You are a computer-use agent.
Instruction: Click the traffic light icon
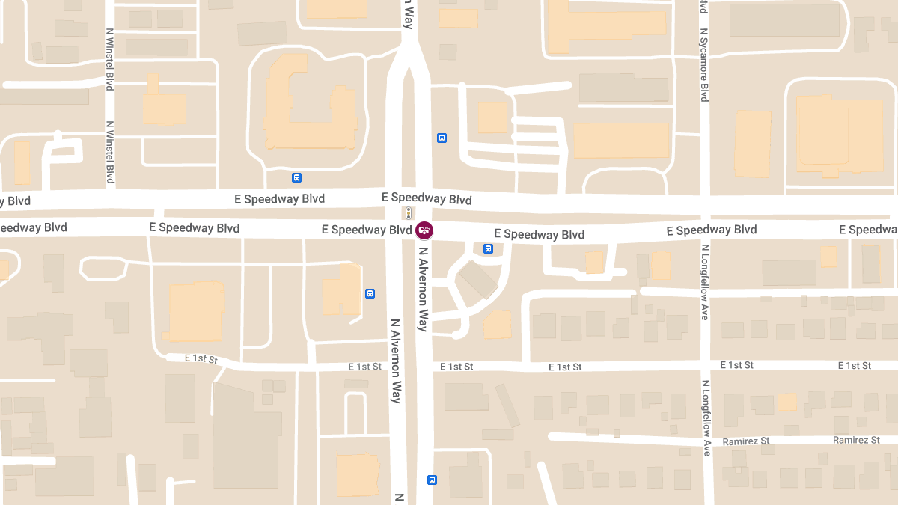tap(409, 212)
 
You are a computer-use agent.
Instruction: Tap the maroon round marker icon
tap(424, 230)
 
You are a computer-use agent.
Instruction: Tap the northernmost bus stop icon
tap(442, 138)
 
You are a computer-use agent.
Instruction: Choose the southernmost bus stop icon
tap(432, 480)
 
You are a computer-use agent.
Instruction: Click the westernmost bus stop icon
tap(297, 177)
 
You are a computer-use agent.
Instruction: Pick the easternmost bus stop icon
tap(489, 248)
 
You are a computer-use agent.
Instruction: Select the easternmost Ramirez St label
tap(856, 441)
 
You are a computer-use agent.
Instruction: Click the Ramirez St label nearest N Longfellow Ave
tap(746, 441)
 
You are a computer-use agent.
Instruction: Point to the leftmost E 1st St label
tap(201, 359)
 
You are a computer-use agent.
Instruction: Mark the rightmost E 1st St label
tap(855, 365)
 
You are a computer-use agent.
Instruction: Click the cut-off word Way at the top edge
tap(408, 13)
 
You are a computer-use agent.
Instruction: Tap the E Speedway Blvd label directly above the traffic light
tap(427, 198)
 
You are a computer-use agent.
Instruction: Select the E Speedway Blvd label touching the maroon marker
tap(367, 230)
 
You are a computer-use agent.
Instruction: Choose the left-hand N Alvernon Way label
tap(396, 361)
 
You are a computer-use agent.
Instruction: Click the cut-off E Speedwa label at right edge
tap(868, 230)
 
